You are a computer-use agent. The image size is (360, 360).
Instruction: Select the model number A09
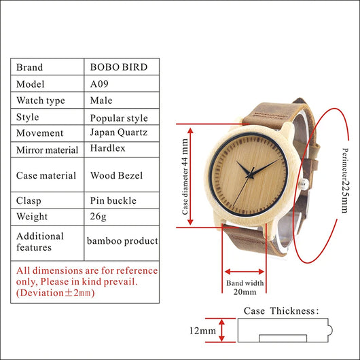click(x=99, y=84)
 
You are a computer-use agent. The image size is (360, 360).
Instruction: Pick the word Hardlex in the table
click(x=108, y=148)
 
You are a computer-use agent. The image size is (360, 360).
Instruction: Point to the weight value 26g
click(x=98, y=216)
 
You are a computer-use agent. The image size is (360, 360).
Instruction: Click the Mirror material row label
click(x=48, y=150)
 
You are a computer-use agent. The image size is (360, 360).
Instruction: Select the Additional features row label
click(x=40, y=242)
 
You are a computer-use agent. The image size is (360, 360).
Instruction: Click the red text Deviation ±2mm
click(x=55, y=293)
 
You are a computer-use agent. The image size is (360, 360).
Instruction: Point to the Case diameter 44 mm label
click(x=185, y=177)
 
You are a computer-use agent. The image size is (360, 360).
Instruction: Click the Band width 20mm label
click(x=245, y=287)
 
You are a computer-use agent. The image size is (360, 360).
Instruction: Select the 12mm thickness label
click(x=202, y=331)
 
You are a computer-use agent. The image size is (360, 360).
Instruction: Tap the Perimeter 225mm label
click(x=346, y=181)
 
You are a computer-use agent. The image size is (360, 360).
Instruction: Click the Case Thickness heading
click(x=281, y=311)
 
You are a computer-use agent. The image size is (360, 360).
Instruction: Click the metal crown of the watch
click(x=304, y=184)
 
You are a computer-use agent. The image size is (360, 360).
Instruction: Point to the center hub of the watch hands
click(x=249, y=176)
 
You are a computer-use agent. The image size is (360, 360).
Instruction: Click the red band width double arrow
click(x=245, y=272)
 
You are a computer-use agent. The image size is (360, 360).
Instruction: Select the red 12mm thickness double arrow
click(x=221, y=330)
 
